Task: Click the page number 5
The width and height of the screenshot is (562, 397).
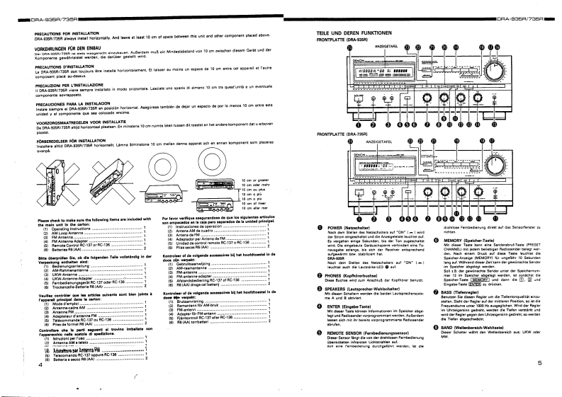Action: click(x=539, y=383)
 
